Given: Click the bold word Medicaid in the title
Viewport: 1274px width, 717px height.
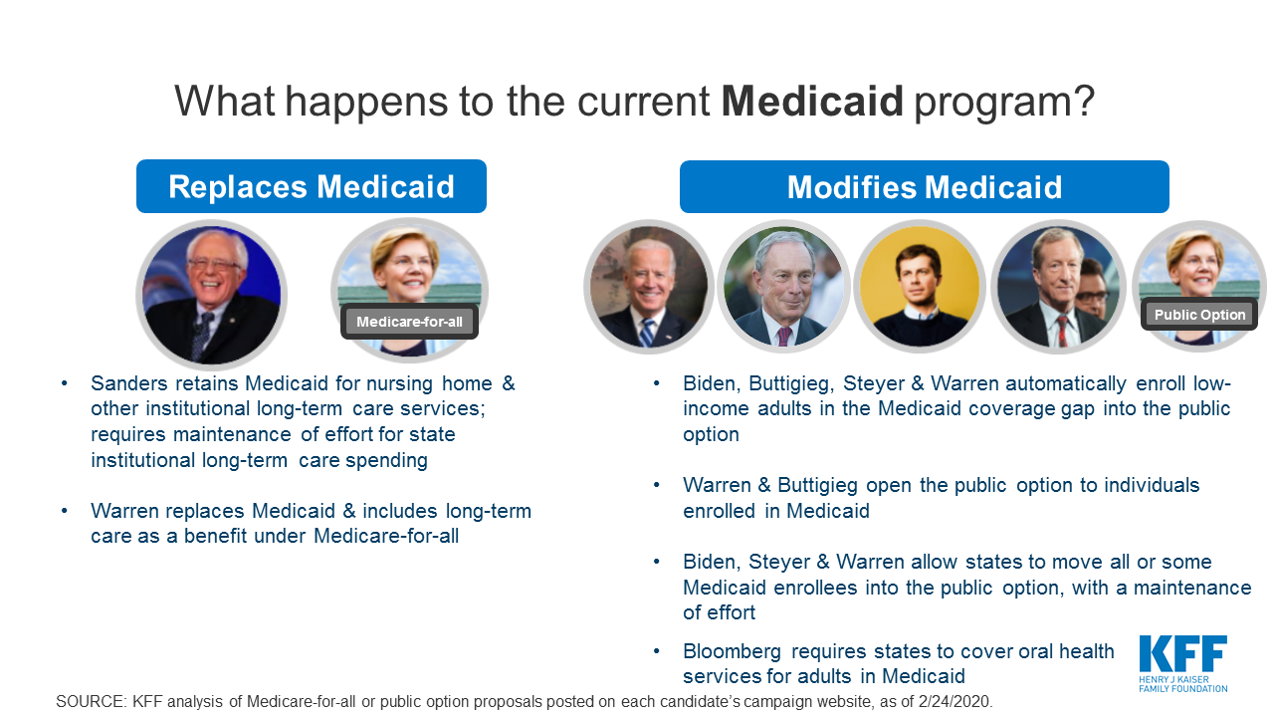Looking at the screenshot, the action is click(x=812, y=101).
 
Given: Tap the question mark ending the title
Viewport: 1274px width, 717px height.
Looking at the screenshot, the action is click(x=1084, y=101).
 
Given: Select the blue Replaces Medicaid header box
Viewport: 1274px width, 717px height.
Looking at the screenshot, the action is click(x=312, y=186).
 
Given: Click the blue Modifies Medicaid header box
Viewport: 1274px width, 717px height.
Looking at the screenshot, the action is click(x=925, y=187).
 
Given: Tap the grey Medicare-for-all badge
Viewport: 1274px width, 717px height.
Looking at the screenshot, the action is click(x=409, y=322).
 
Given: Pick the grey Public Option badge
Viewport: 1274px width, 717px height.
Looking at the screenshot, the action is click(x=1199, y=314).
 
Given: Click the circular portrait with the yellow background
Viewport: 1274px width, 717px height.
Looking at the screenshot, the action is click(x=919, y=286).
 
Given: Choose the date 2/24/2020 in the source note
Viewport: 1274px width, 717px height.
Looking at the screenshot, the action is click(x=954, y=702).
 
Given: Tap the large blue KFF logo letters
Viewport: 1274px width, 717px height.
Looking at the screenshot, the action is click(x=1183, y=653).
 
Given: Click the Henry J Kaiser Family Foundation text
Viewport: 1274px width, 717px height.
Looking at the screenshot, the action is click(x=1183, y=684).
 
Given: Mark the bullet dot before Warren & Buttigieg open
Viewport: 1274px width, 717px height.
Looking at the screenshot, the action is click(x=656, y=485).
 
